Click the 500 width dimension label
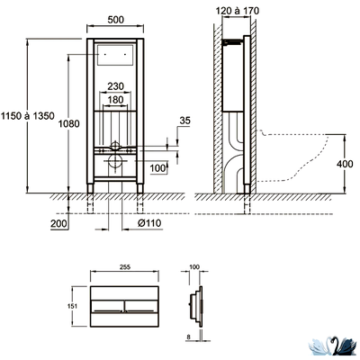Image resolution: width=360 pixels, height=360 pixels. [115, 20]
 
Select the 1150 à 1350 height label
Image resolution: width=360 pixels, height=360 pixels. [27, 116]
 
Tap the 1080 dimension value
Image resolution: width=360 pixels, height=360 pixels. [68, 123]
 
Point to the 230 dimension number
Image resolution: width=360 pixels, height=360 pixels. [115, 86]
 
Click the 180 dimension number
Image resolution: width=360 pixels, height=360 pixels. [115, 100]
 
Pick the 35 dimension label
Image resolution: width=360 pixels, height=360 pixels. [184, 121]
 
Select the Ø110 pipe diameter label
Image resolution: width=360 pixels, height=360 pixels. [149, 223]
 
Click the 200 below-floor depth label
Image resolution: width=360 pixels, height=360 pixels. [58, 223]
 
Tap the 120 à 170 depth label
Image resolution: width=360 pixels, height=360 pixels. [238, 11]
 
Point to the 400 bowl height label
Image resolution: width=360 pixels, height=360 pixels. [345, 165]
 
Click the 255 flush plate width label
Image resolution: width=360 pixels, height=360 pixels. [124, 267]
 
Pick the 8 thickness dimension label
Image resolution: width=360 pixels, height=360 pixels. [188, 337]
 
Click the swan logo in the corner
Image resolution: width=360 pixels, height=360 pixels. [333, 347]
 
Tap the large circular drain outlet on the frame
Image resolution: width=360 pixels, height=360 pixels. [115, 162]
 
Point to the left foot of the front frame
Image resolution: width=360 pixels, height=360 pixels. [90, 188]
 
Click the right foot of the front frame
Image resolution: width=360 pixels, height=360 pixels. [140, 188]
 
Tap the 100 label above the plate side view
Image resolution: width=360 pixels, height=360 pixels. [194, 267]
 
